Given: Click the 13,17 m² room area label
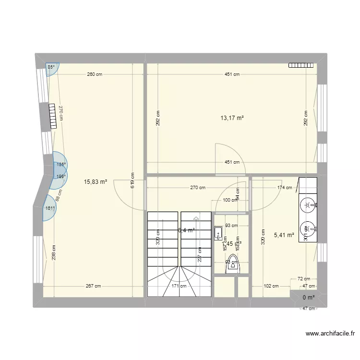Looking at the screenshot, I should [x=232, y=118].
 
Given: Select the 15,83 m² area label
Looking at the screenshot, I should [x=96, y=182].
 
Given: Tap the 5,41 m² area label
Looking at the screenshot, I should [x=284, y=235].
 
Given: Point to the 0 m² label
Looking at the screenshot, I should [x=308, y=298].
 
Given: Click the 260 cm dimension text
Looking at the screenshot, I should [x=95, y=74].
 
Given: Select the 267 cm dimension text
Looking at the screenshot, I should [x=93, y=287].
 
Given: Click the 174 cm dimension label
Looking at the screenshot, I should [x=285, y=188].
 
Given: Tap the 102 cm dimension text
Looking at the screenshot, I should [x=271, y=287].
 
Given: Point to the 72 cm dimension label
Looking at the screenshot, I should [x=303, y=278].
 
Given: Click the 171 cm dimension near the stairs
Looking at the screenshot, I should [x=179, y=287].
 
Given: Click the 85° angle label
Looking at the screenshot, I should [x=51, y=67].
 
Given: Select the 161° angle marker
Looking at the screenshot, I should [x=49, y=208].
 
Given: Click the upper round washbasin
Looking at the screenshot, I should [x=307, y=206].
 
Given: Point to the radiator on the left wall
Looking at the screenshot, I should [x=53, y=117].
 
